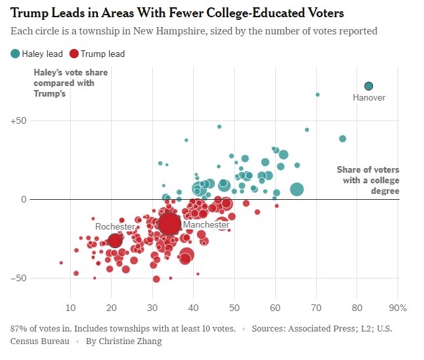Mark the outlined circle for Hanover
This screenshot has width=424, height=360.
pos(368,86)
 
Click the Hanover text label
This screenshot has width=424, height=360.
pos(368,98)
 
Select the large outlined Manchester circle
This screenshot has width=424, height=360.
pos(169,224)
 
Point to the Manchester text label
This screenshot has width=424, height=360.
pos(206,225)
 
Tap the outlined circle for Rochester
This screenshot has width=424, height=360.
pos(114,241)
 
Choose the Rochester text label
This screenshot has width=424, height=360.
pos(115,226)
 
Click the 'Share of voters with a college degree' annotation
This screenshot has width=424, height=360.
pos(368,180)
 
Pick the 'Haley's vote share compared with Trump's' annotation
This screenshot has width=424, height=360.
pos(64,83)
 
